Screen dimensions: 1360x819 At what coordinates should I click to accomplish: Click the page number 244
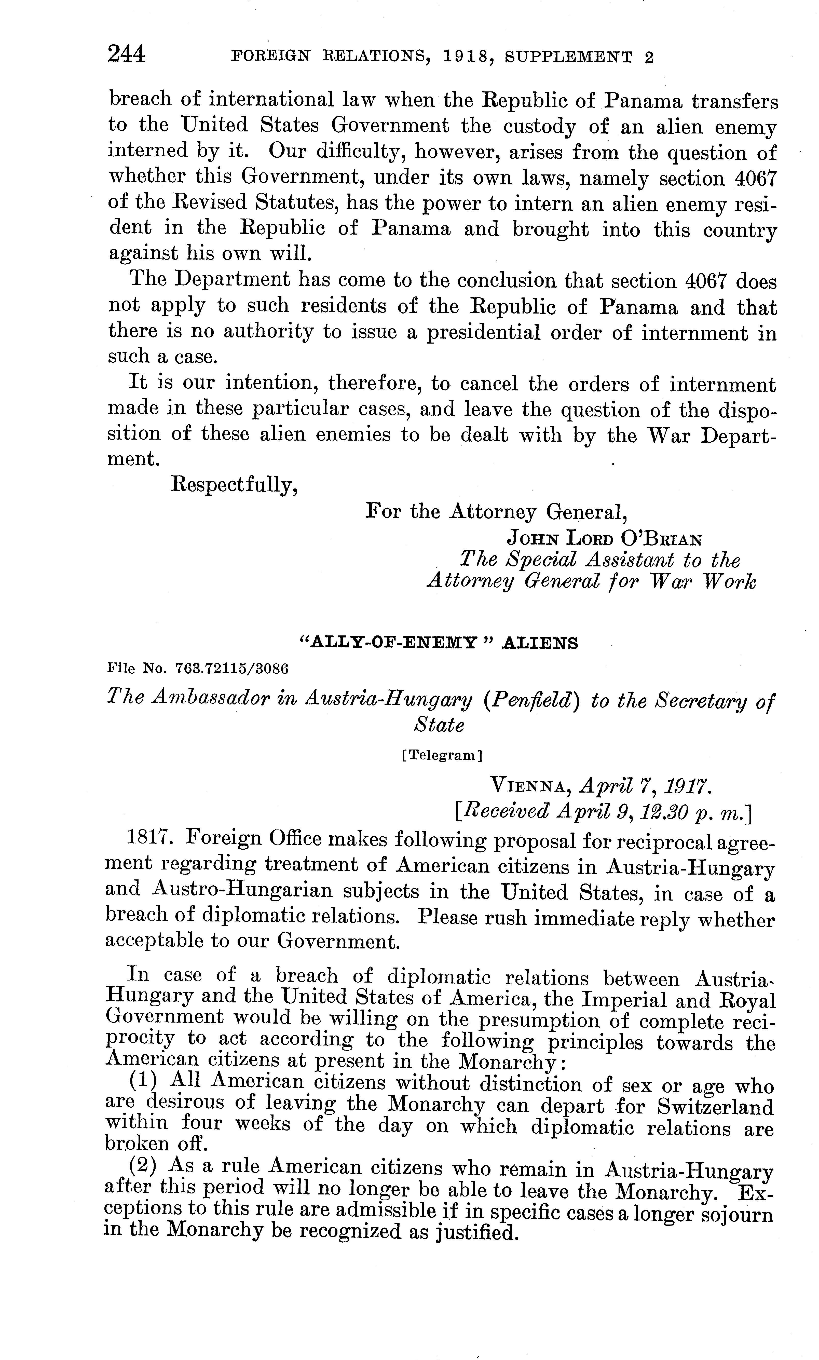(x=126, y=55)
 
